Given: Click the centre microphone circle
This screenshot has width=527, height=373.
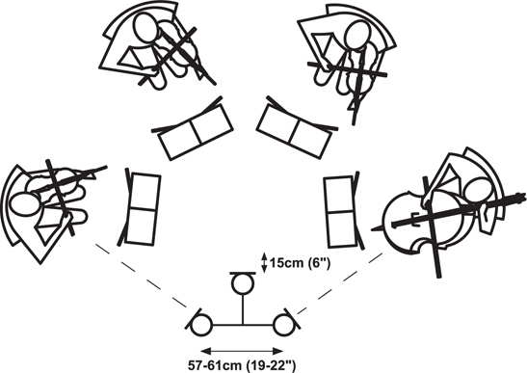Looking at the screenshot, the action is point(243,284).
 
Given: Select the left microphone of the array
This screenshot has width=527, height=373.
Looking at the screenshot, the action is point(201,325).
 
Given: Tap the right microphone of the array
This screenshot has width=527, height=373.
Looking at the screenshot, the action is point(284,325).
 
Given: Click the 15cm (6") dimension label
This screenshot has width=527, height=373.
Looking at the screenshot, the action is point(301,263).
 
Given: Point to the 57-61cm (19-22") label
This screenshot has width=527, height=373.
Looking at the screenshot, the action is point(242,365).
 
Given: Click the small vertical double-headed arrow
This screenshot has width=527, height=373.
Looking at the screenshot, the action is point(264,262).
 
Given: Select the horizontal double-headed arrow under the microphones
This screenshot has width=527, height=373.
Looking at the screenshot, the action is point(242,351).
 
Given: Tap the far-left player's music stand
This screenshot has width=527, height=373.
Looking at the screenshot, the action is point(140,208).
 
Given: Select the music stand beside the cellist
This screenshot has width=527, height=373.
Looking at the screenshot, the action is point(343,211).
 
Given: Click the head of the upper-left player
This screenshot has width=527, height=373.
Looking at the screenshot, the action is point(145,28).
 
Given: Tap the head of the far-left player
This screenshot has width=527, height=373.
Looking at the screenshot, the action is point(26,204).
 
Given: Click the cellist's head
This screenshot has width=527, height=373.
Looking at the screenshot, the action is point(480,190).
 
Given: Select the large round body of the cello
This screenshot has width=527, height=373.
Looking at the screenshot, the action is point(424,223).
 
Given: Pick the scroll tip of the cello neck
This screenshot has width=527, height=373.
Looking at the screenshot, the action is point(522,197).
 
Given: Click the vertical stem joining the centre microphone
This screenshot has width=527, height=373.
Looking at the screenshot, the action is point(243,310).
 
